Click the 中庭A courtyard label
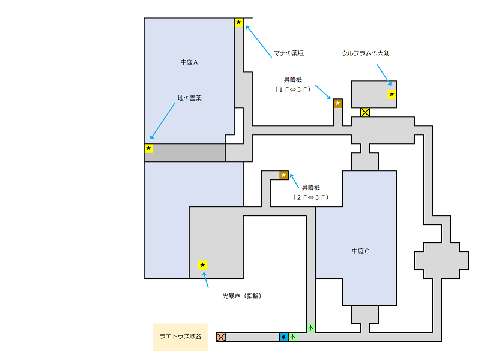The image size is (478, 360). tap(189, 62)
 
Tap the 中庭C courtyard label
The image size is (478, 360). tap(360, 251)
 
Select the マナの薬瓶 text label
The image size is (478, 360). tap(289, 53)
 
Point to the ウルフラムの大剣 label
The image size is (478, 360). tap(365, 53)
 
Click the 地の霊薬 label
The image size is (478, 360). tap(189, 98)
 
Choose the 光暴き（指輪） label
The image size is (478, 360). tap(241, 296)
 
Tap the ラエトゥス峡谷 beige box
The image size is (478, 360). tap(180, 337)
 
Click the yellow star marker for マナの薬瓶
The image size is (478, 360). tap(239, 23)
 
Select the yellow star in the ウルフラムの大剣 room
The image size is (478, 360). tap(392, 94)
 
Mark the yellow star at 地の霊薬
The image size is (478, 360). tap(149, 148)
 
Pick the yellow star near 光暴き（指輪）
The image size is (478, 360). tap(203, 265)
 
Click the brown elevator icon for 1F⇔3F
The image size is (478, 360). tap(337, 103)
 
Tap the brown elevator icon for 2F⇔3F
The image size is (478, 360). tap(284, 175)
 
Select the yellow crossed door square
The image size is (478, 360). tap(365, 112)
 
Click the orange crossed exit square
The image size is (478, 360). tap(221, 337)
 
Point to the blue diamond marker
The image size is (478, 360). tap(283, 337)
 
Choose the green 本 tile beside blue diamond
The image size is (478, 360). tap(292, 337)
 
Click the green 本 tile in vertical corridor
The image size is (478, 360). tap(310, 328)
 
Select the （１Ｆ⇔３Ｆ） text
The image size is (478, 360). tap(293, 89)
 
